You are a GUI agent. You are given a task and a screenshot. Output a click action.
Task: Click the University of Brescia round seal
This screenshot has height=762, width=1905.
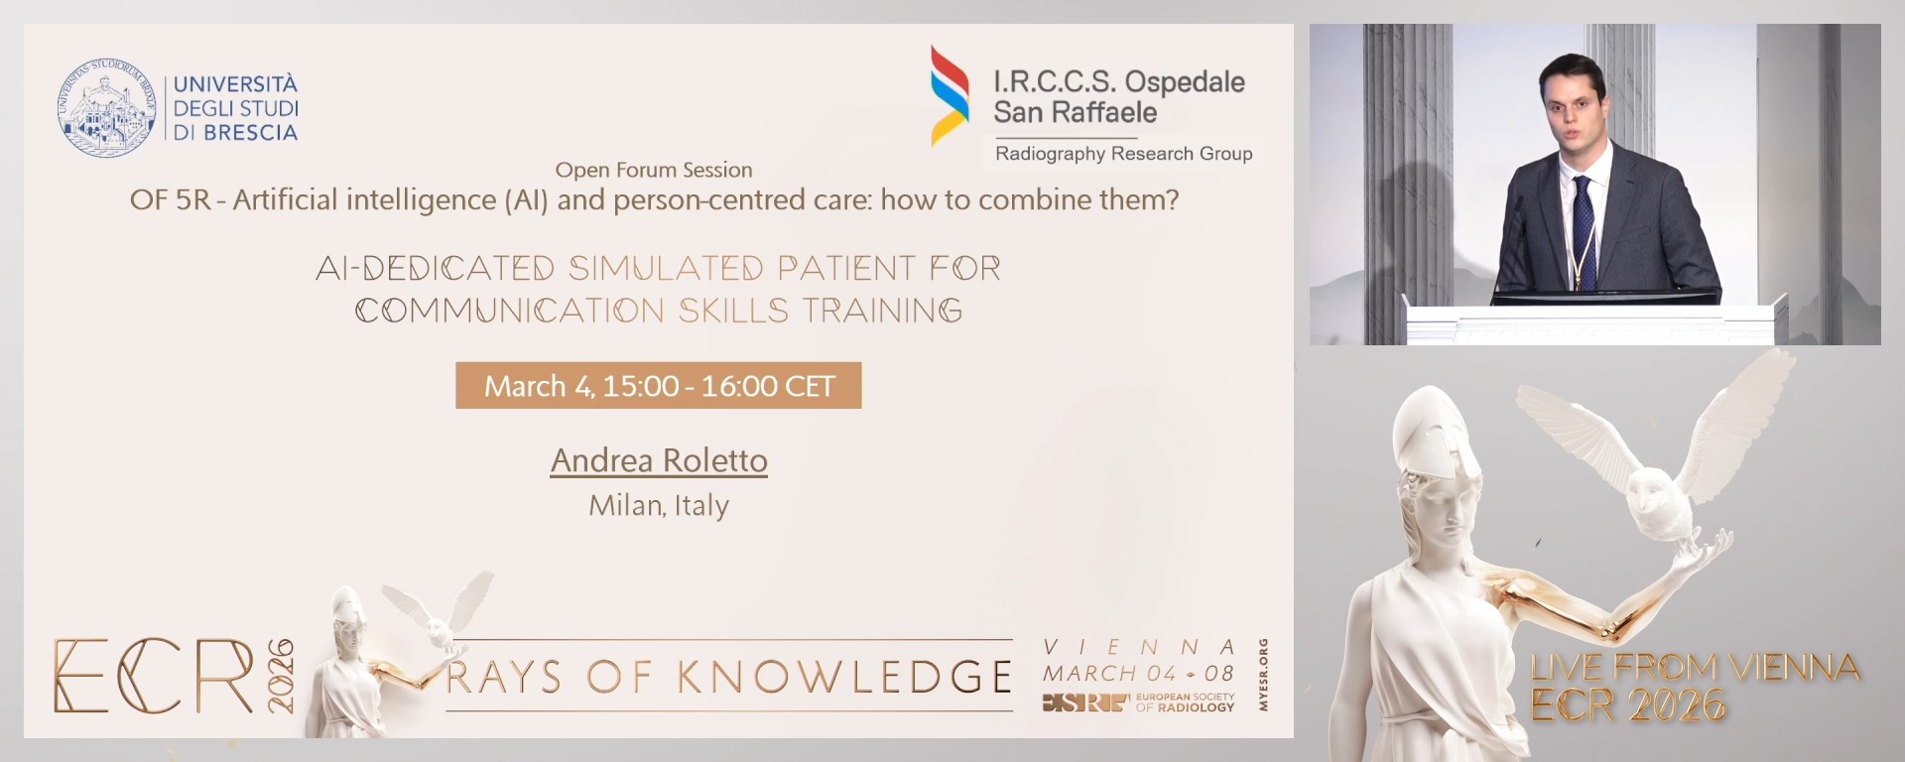tap(106, 108)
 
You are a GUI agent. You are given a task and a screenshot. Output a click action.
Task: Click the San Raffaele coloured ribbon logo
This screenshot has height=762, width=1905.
tap(949, 96)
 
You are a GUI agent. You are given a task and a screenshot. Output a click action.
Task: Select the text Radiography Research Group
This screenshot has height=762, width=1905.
tap(1123, 154)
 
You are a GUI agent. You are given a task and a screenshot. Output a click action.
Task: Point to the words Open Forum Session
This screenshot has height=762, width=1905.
tap(653, 170)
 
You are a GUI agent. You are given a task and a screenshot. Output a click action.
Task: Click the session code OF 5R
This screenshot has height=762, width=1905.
tap(170, 200)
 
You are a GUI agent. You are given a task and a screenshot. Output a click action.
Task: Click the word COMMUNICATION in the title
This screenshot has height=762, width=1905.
tap(509, 312)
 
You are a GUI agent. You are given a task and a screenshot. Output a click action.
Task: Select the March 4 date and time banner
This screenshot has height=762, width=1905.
tap(658, 386)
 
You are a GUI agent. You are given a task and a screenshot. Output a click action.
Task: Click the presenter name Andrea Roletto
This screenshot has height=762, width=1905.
tap(659, 460)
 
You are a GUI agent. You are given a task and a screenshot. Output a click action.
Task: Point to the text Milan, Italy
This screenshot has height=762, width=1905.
tap(659, 505)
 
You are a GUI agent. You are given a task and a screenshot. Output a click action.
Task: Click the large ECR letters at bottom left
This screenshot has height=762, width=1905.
tap(154, 677)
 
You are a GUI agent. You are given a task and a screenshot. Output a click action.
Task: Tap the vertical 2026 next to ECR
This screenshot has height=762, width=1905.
tap(281, 676)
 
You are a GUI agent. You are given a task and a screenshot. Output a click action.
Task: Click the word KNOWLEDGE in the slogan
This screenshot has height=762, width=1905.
tap(844, 677)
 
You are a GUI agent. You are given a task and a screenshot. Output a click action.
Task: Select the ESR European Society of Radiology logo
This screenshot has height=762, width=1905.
tap(1137, 702)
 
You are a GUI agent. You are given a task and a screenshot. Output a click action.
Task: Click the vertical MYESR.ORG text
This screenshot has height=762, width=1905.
tap(1263, 675)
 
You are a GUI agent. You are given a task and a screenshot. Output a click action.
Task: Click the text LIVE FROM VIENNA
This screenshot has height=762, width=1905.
tap(1694, 668)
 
